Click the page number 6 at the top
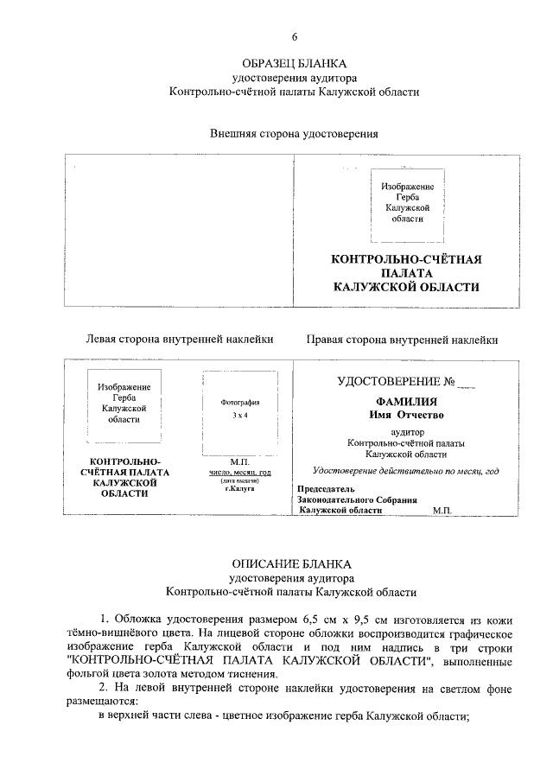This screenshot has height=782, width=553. (x=294, y=36)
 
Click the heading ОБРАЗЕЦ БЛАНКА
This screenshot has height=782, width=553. (x=294, y=64)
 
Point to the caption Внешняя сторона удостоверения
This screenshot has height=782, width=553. (x=294, y=134)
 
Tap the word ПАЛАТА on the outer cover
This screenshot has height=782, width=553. (x=407, y=273)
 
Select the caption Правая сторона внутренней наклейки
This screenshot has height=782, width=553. (x=402, y=340)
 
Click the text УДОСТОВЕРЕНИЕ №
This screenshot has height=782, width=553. (x=397, y=380)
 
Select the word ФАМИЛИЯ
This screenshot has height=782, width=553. (x=406, y=402)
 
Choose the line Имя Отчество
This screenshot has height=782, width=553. (x=406, y=416)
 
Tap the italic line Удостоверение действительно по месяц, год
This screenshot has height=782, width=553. (x=406, y=471)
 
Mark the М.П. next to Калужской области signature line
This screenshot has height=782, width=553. (x=442, y=511)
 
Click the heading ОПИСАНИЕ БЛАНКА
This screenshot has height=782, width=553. (x=294, y=561)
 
